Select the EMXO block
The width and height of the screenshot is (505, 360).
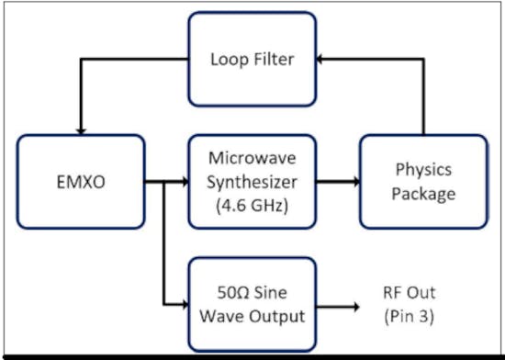tap(80, 181)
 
